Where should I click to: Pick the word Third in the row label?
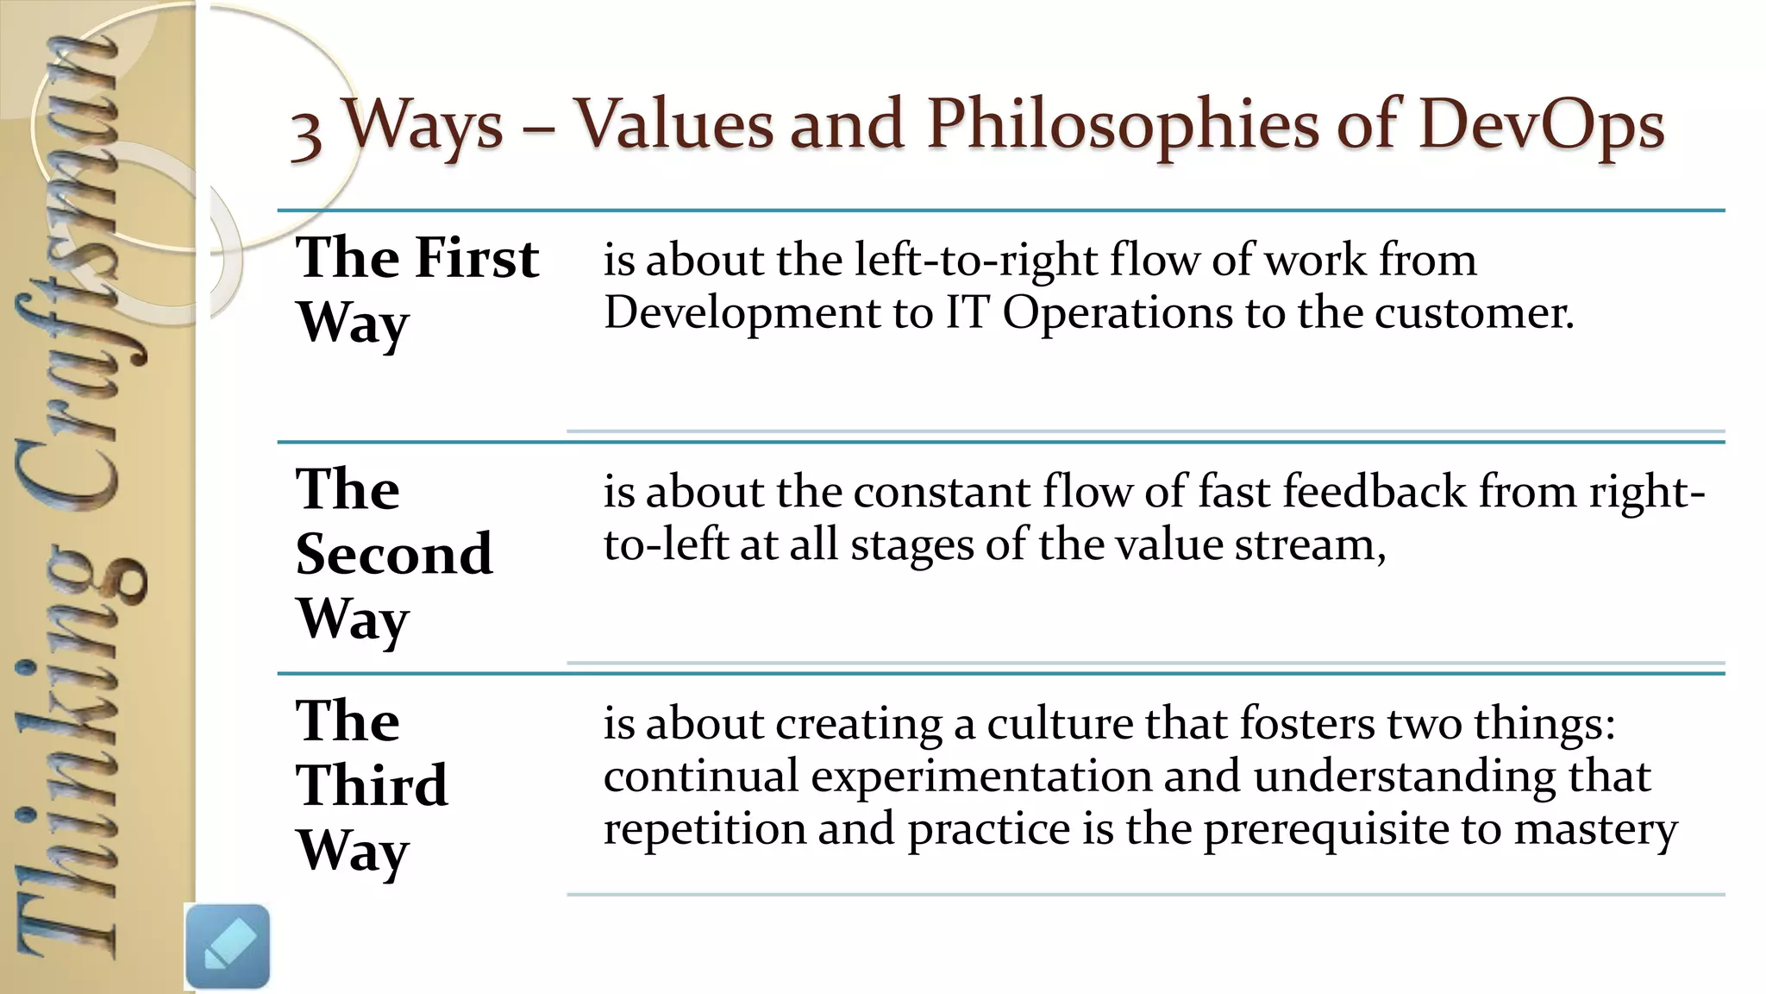point(372,785)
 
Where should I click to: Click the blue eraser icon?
point(228,946)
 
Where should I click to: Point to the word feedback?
point(1375,492)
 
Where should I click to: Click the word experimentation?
point(980,776)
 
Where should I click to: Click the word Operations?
point(1118,312)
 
